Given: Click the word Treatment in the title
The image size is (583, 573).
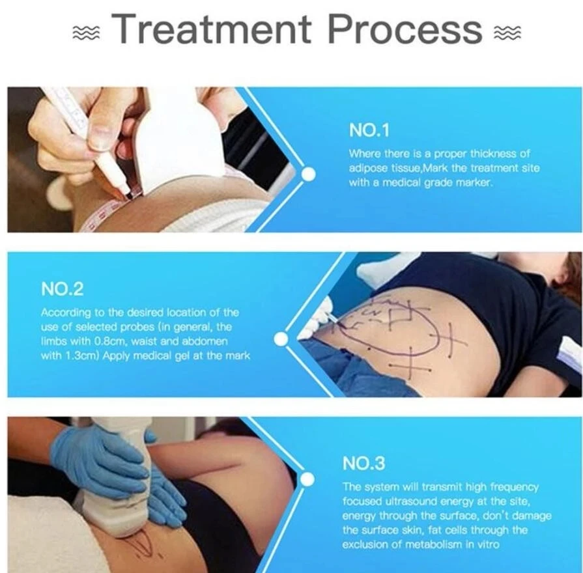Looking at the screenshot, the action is click(x=212, y=29).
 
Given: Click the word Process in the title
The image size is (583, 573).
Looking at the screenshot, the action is click(x=405, y=29).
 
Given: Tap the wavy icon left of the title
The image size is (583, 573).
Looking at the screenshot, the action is click(x=86, y=33).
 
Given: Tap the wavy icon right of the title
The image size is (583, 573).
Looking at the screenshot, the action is click(x=507, y=33).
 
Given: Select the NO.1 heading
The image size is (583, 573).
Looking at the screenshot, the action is click(x=369, y=130).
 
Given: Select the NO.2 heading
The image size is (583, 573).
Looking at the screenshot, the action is click(x=62, y=288).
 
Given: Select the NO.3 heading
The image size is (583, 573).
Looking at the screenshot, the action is click(x=363, y=464).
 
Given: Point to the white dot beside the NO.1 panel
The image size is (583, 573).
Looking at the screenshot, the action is click(x=308, y=174).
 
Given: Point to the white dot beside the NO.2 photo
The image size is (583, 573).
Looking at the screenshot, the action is click(x=281, y=339).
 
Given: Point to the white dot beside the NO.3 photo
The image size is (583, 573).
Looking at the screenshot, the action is click(x=307, y=479).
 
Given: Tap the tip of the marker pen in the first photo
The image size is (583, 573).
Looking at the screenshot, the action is click(x=127, y=193).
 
